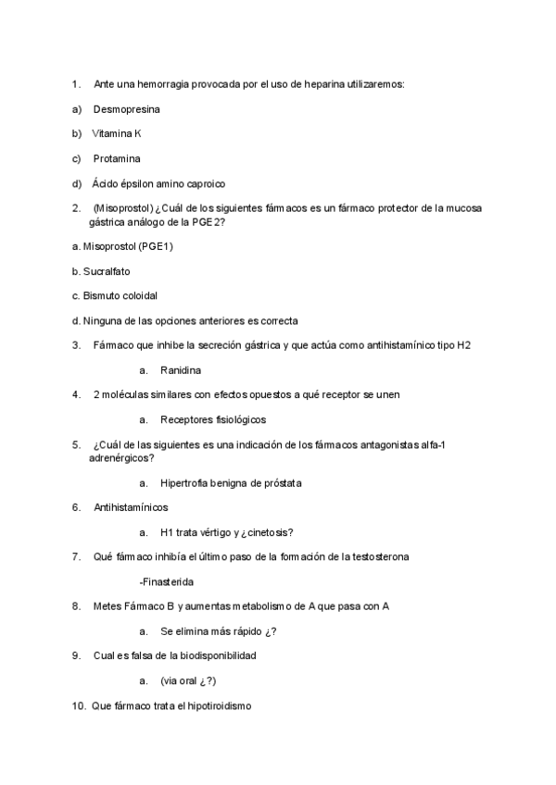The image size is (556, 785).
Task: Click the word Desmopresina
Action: tap(126, 109)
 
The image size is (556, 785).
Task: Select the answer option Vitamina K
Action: tap(117, 133)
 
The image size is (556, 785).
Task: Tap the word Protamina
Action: tap(118, 158)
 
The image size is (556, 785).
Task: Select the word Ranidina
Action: tap(181, 370)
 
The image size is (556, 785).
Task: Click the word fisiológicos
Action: tap(235, 419)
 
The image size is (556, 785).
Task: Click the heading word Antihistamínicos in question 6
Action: tap(131, 507)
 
